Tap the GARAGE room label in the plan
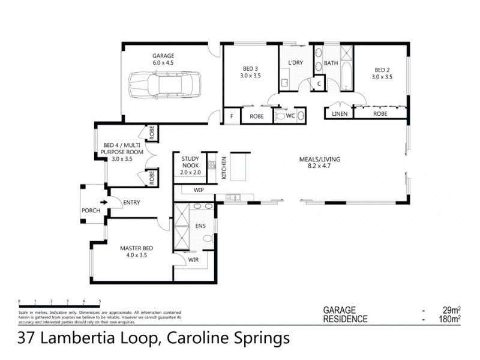tap(163, 55)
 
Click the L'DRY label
tap(294, 64)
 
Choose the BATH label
tap(331, 64)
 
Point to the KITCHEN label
tap(224, 167)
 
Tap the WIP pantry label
tap(199, 190)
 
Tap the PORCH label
tap(91, 211)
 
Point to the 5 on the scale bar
tap(100, 299)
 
